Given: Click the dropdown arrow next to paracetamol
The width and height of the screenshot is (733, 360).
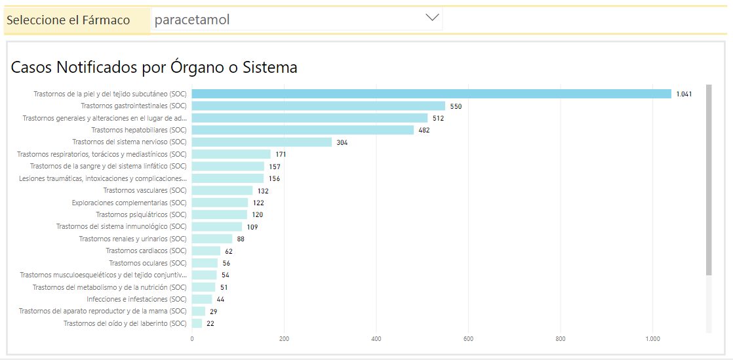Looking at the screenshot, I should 432,18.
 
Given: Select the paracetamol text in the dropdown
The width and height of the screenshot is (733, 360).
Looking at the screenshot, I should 192,20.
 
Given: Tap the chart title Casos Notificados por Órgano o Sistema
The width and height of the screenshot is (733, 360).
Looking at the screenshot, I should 154,67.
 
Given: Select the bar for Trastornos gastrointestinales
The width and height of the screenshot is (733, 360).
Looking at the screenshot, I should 318,106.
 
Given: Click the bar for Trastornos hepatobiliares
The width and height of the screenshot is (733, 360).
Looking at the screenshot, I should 302,130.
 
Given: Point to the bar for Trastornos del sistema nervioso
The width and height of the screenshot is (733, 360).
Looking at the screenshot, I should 262,142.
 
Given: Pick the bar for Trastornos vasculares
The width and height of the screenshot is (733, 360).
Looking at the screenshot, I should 222,190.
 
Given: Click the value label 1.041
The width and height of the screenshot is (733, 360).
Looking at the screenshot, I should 684,94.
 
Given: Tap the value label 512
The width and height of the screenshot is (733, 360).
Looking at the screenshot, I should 438,118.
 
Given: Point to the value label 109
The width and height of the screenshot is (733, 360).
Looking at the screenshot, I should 252,227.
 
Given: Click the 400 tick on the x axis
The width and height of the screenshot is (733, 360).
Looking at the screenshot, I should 376,339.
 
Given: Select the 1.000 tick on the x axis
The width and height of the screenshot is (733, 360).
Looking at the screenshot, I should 652,339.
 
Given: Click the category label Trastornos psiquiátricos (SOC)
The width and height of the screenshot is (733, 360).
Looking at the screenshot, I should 141,214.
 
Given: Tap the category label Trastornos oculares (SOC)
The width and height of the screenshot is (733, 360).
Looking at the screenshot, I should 148,263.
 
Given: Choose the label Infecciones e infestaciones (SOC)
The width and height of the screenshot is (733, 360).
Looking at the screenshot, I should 136,299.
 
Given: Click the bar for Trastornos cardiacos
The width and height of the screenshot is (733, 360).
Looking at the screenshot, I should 206,250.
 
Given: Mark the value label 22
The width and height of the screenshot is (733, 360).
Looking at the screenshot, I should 210,323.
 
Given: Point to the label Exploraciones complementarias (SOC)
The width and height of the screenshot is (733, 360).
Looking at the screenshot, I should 129,203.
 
